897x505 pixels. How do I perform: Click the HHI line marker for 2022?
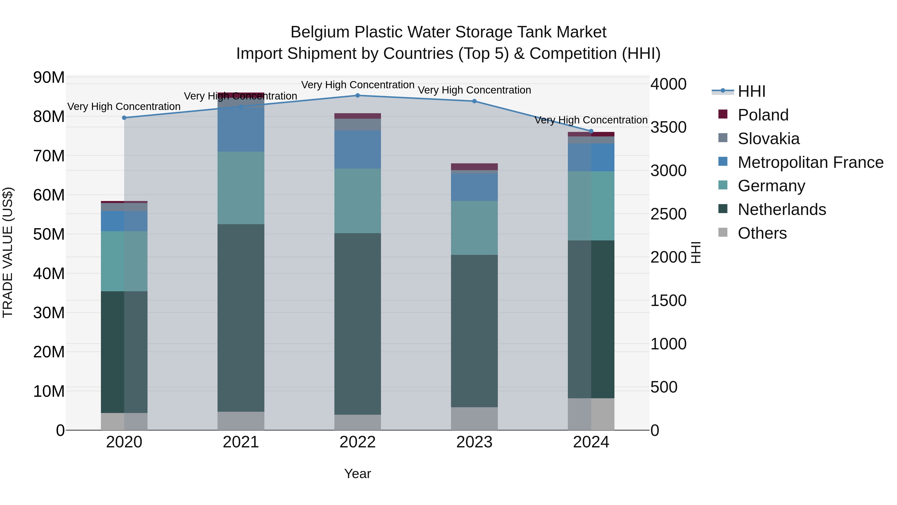point(357,95)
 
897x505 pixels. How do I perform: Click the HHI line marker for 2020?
point(124,118)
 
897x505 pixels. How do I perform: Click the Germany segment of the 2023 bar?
point(474,228)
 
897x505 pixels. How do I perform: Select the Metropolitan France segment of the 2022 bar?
point(357,150)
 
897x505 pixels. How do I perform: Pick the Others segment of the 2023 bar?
point(474,418)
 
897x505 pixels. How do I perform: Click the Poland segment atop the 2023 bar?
point(474,167)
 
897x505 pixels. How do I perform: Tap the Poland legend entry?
point(763,115)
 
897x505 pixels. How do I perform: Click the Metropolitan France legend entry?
point(810,162)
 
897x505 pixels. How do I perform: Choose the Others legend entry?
point(762,233)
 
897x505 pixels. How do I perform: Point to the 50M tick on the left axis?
point(49,234)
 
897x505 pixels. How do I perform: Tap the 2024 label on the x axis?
point(591,442)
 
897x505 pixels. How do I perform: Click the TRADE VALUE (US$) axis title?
point(8,252)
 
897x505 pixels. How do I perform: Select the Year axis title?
point(357,474)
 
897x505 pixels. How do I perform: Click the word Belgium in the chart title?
point(320,32)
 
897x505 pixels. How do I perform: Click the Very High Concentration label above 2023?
point(474,90)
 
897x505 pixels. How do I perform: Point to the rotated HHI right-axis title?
point(695,252)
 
